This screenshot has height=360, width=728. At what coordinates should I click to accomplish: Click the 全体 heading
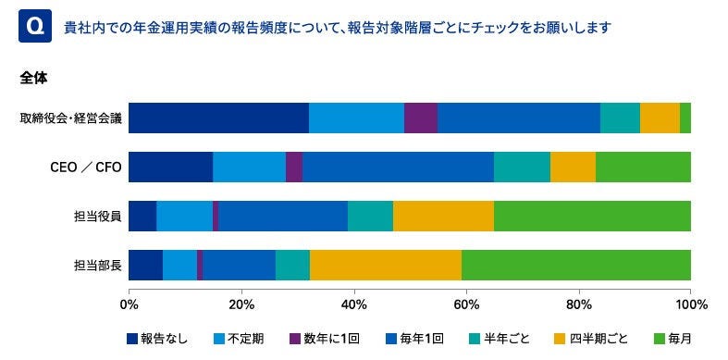pos(33,79)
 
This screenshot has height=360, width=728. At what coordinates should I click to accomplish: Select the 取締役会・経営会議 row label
pos(69,118)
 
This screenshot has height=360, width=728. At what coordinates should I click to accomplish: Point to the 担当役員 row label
pos(97,216)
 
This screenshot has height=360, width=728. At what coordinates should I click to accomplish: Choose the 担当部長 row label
pos(97,265)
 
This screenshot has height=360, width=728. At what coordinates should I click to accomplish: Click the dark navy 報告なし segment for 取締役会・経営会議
pos(218,118)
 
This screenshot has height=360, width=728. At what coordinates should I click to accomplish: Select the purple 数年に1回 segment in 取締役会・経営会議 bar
pos(421,118)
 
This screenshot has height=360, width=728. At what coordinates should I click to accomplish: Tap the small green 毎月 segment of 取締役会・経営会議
pos(685,118)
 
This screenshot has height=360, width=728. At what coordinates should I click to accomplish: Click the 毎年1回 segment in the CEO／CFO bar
pos(398,167)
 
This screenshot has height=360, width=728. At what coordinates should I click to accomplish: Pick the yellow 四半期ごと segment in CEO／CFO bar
pos(573,167)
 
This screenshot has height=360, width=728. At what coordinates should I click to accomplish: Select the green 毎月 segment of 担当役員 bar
pos(592,216)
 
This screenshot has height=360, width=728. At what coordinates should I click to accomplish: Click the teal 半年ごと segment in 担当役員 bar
pos(370,216)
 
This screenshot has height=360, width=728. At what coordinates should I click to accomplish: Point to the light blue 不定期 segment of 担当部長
pos(179,265)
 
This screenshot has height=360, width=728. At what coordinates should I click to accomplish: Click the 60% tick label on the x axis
pos(466,303)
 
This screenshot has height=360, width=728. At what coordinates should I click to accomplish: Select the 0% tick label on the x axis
pos(130,303)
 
